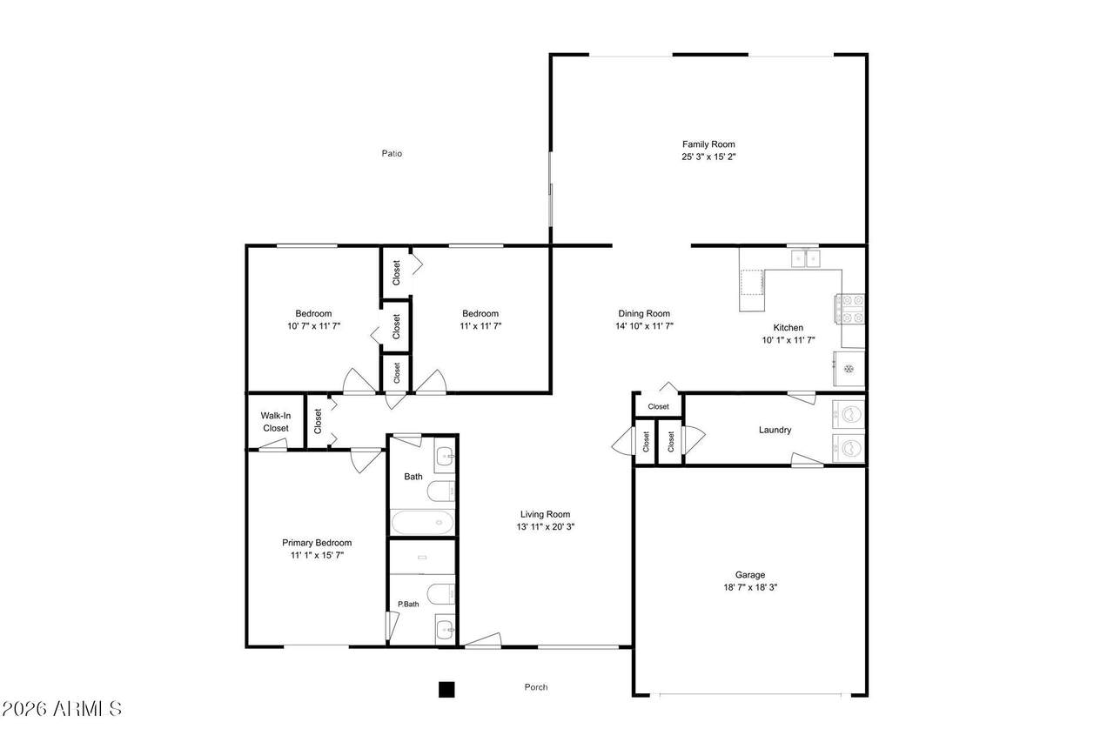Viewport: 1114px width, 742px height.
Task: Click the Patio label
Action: (x=392, y=154)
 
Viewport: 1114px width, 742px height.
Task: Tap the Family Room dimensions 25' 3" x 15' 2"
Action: (x=708, y=157)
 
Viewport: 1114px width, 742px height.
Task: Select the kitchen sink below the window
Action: (x=806, y=259)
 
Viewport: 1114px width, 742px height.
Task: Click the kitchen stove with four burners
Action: (x=850, y=309)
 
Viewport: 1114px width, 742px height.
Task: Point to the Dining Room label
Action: (x=644, y=314)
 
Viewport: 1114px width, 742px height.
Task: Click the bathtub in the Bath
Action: (x=422, y=522)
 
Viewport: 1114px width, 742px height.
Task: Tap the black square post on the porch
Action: (x=446, y=689)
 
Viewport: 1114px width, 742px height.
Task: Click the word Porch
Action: (x=536, y=687)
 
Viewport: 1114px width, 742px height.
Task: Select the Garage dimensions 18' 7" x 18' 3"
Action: (x=750, y=587)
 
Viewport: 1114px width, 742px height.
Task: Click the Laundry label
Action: (x=775, y=430)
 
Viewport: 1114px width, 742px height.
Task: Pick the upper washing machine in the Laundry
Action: (x=849, y=414)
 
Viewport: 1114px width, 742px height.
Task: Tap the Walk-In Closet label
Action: (x=276, y=422)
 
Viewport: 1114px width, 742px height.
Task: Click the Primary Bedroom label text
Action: (x=317, y=543)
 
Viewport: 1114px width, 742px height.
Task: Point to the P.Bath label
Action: (x=408, y=604)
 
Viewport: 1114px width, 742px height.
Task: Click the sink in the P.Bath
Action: (x=445, y=629)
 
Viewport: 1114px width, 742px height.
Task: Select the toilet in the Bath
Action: (x=441, y=491)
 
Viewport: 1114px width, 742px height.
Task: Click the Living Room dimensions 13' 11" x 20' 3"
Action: (x=546, y=527)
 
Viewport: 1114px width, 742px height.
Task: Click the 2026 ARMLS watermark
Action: (x=62, y=709)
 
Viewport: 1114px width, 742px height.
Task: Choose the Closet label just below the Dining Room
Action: (x=659, y=406)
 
